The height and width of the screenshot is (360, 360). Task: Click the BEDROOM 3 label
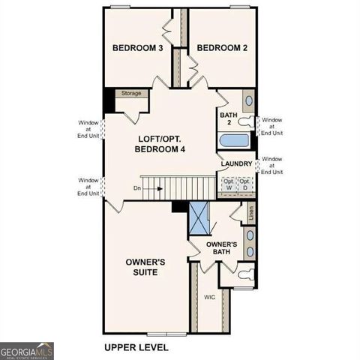tap(138, 49)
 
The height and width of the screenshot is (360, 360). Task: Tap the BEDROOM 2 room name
tap(222, 49)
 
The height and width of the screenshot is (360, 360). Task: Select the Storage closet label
tap(131, 94)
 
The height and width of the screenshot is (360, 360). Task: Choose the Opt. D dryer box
tap(244, 184)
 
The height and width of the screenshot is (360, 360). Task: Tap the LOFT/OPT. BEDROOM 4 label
tap(160, 144)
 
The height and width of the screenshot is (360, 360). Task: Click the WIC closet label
tap(210, 297)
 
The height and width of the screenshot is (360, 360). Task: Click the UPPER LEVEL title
tap(136, 348)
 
